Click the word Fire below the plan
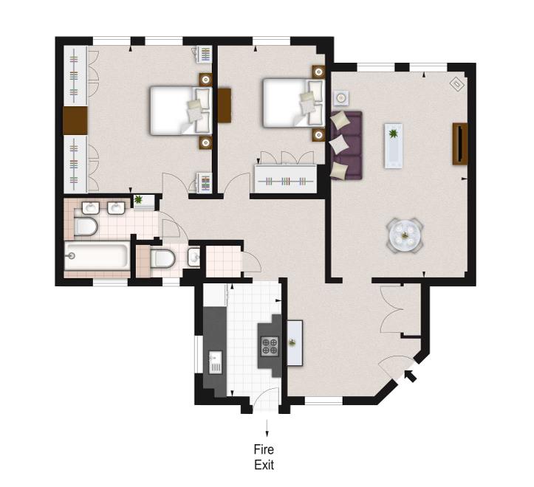(264, 449)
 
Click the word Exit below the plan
(264, 465)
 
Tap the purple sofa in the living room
(346, 145)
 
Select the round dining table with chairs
(405, 235)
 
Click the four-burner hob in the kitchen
(270, 346)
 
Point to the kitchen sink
(215, 362)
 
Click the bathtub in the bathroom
(97, 256)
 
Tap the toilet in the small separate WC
(162, 259)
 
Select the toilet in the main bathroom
(86, 227)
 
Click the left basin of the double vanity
(91, 208)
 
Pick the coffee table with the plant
(394, 145)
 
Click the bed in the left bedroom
(181, 111)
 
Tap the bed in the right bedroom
(294, 103)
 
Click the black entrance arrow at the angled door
(411, 376)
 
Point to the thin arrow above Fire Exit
(267, 428)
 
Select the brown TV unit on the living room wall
(459, 144)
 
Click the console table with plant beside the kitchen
(295, 342)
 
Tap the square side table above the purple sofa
(341, 98)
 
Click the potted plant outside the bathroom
(138, 199)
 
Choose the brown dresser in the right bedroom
(225, 106)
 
